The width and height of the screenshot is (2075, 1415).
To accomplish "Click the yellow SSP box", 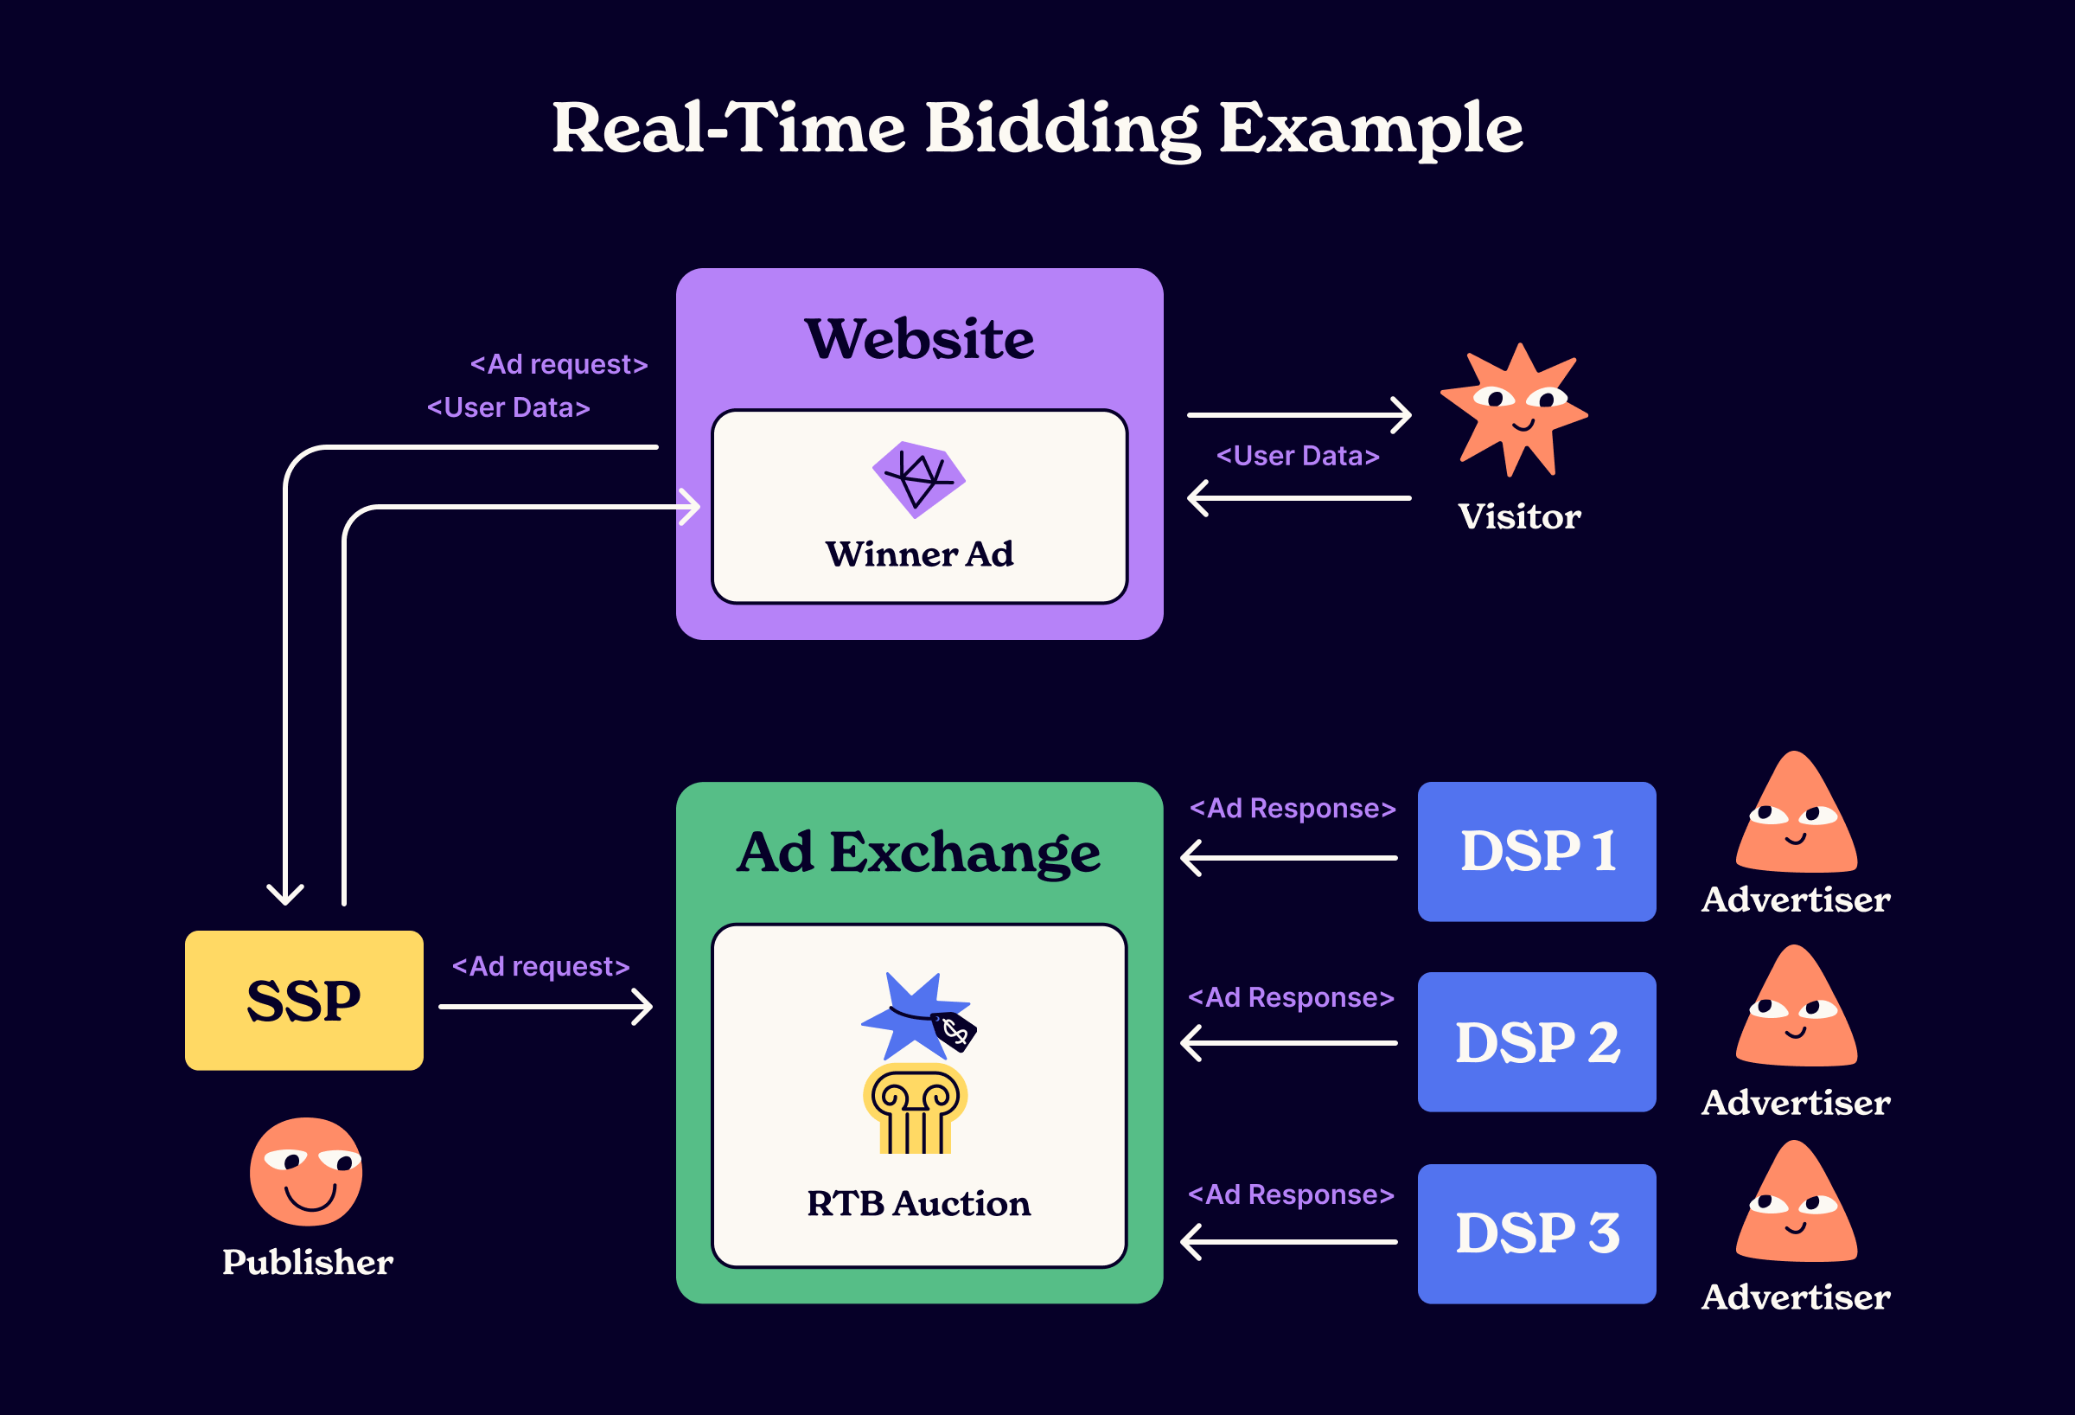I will pyautogui.click(x=303, y=1000).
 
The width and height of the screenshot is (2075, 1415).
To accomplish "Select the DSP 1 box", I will pyautogui.click(x=1535, y=850).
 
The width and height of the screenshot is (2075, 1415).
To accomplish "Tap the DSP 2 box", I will pyautogui.click(x=1535, y=1041).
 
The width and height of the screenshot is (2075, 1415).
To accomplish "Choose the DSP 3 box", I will pyautogui.click(x=1535, y=1233).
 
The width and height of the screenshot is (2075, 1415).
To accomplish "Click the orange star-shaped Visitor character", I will pyautogui.click(x=1515, y=411).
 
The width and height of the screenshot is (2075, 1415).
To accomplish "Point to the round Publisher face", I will pyautogui.click(x=306, y=1171).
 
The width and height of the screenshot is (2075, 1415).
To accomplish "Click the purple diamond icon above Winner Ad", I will pyautogui.click(x=919, y=479).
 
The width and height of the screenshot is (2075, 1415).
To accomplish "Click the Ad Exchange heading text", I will pyautogui.click(x=918, y=852).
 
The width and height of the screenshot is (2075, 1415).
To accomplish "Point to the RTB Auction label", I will pyautogui.click(x=918, y=1203).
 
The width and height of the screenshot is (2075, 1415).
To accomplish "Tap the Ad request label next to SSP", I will pyautogui.click(x=540, y=967).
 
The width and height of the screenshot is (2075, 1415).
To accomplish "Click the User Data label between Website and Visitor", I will pyautogui.click(x=1298, y=456).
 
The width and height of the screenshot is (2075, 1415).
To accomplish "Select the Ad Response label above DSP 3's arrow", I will pyautogui.click(x=1290, y=1194).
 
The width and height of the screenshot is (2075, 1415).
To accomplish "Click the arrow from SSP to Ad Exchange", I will pyautogui.click(x=546, y=1007).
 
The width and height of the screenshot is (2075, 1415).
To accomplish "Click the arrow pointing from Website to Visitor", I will pyautogui.click(x=1299, y=414).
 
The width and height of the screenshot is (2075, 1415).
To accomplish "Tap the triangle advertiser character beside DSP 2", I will pyautogui.click(x=1796, y=1010).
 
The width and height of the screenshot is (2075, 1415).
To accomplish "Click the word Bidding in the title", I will pyautogui.click(x=1062, y=128).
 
